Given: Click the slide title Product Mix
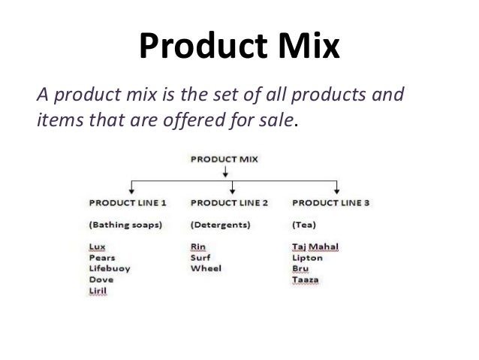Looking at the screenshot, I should click(x=239, y=49).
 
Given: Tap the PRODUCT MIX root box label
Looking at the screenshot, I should click(x=224, y=159).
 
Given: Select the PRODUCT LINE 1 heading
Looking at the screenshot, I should click(x=128, y=203).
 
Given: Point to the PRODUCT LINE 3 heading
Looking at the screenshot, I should click(x=330, y=203).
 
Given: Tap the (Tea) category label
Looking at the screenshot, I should click(x=303, y=224).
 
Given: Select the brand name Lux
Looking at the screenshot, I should click(x=96, y=246).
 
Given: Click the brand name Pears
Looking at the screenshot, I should click(x=101, y=257).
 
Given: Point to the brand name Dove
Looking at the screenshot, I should click(x=100, y=280).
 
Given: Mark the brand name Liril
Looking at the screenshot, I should click(x=98, y=291).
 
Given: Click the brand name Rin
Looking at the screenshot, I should click(x=197, y=246).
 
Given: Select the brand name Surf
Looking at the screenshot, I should click(x=200, y=257).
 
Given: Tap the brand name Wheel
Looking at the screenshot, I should click(x=205, y=268).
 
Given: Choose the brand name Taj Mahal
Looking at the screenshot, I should click(x=314, y=246).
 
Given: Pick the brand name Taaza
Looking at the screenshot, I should click(x=305, y=280).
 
